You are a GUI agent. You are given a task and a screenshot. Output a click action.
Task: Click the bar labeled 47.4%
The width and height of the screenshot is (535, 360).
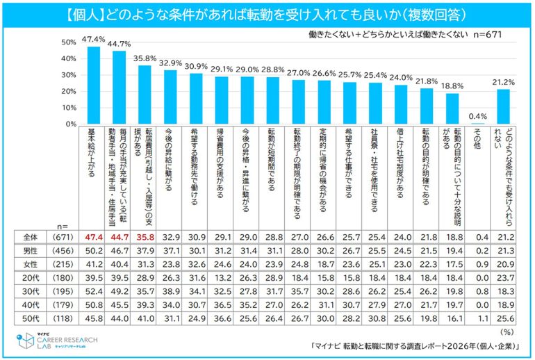pyautogui.click(x=94, y=85)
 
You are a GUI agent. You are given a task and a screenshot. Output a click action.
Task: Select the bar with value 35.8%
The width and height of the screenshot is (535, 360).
pyautogui.click(x=145, y=95)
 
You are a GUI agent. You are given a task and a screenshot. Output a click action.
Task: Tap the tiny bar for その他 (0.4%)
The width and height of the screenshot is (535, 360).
pyautogui.click(x=478, y=124)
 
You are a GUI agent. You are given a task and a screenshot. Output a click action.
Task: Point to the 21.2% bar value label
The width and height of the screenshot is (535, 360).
pyautogui.click(x=503, y=82)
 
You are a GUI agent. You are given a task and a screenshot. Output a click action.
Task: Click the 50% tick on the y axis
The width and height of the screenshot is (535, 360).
pyautogui.click(x=69, y=42)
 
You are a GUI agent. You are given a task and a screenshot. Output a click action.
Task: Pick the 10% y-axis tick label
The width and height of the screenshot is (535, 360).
pyautogui.click(x=69, y=108)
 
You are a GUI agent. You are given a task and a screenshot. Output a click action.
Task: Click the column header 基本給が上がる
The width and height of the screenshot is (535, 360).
pyautogui.click(x=92, y=152)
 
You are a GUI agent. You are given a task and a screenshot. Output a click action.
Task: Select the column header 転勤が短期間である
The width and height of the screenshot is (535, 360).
pyautogui.click(x=271, y=159)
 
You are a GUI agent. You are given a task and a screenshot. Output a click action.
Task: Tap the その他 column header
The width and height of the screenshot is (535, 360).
pyautogui.click(x=477, y=138)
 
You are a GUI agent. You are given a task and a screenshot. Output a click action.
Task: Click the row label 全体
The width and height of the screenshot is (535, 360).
pyautogui.click(x=31, y=237)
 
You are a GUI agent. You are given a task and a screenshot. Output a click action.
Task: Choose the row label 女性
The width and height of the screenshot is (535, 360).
pyautogui.click(x=31, y=265)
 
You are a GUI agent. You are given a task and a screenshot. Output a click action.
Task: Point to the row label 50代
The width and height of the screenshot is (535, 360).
pyautogui.click(x=31, y=319)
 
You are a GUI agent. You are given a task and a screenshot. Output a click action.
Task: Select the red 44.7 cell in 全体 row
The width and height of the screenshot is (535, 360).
pyautogui.click(x=120, y=237)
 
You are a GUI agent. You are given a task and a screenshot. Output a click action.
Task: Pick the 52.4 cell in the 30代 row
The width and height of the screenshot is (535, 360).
pyautogui.click(x=94, y=291)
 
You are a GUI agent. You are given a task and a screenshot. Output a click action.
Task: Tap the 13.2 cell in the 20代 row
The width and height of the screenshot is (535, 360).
pyautogui.click(x=222, y=278)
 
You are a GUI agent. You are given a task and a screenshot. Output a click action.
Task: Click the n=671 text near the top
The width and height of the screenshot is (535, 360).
pyautogui.click(x=488, y=35)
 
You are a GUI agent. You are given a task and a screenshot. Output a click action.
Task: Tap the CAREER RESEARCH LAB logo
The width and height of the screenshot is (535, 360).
pyautogui.click(x=57, y=341)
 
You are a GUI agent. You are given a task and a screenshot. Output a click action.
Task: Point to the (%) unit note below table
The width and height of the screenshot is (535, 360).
pyautogui.click(x=507, y=332)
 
